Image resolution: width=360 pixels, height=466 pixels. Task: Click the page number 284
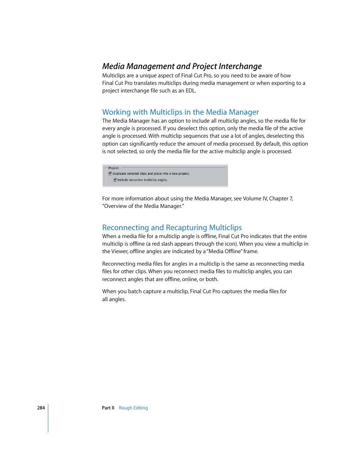pyautogui.click(x=41, y=408)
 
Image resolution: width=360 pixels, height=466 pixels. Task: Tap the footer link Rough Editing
pyautogui.click(x=133, y=408)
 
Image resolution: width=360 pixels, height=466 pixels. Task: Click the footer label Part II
pyautogui.click(x=108, y=408)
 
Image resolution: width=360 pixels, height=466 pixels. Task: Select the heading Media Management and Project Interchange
pyautogui.click(x=182, y=66)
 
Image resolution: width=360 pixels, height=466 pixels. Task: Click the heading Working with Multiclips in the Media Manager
pyautogui.click(x=180, y=112)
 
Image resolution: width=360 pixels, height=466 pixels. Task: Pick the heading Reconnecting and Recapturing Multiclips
pyautogui.click(x=172, y=228)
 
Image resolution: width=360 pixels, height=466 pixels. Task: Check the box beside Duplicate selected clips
pyautogui.click(x=110, y=174)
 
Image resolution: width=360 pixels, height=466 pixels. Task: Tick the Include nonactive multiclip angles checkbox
pyautogui.click(x=115, y=180)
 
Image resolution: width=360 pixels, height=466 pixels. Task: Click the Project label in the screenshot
pyautogui.click(x=113, y=168)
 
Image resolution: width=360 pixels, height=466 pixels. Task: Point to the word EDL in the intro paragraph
pyautogui.click(x=190, y=91)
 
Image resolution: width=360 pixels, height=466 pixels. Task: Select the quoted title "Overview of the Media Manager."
pyautogui.click(x=143, y=206)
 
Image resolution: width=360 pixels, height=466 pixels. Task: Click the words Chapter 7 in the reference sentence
pyautogui.click(x=281, y=198)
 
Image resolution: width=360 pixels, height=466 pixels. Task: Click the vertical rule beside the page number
pyautogui.click(x=48, y=418)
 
